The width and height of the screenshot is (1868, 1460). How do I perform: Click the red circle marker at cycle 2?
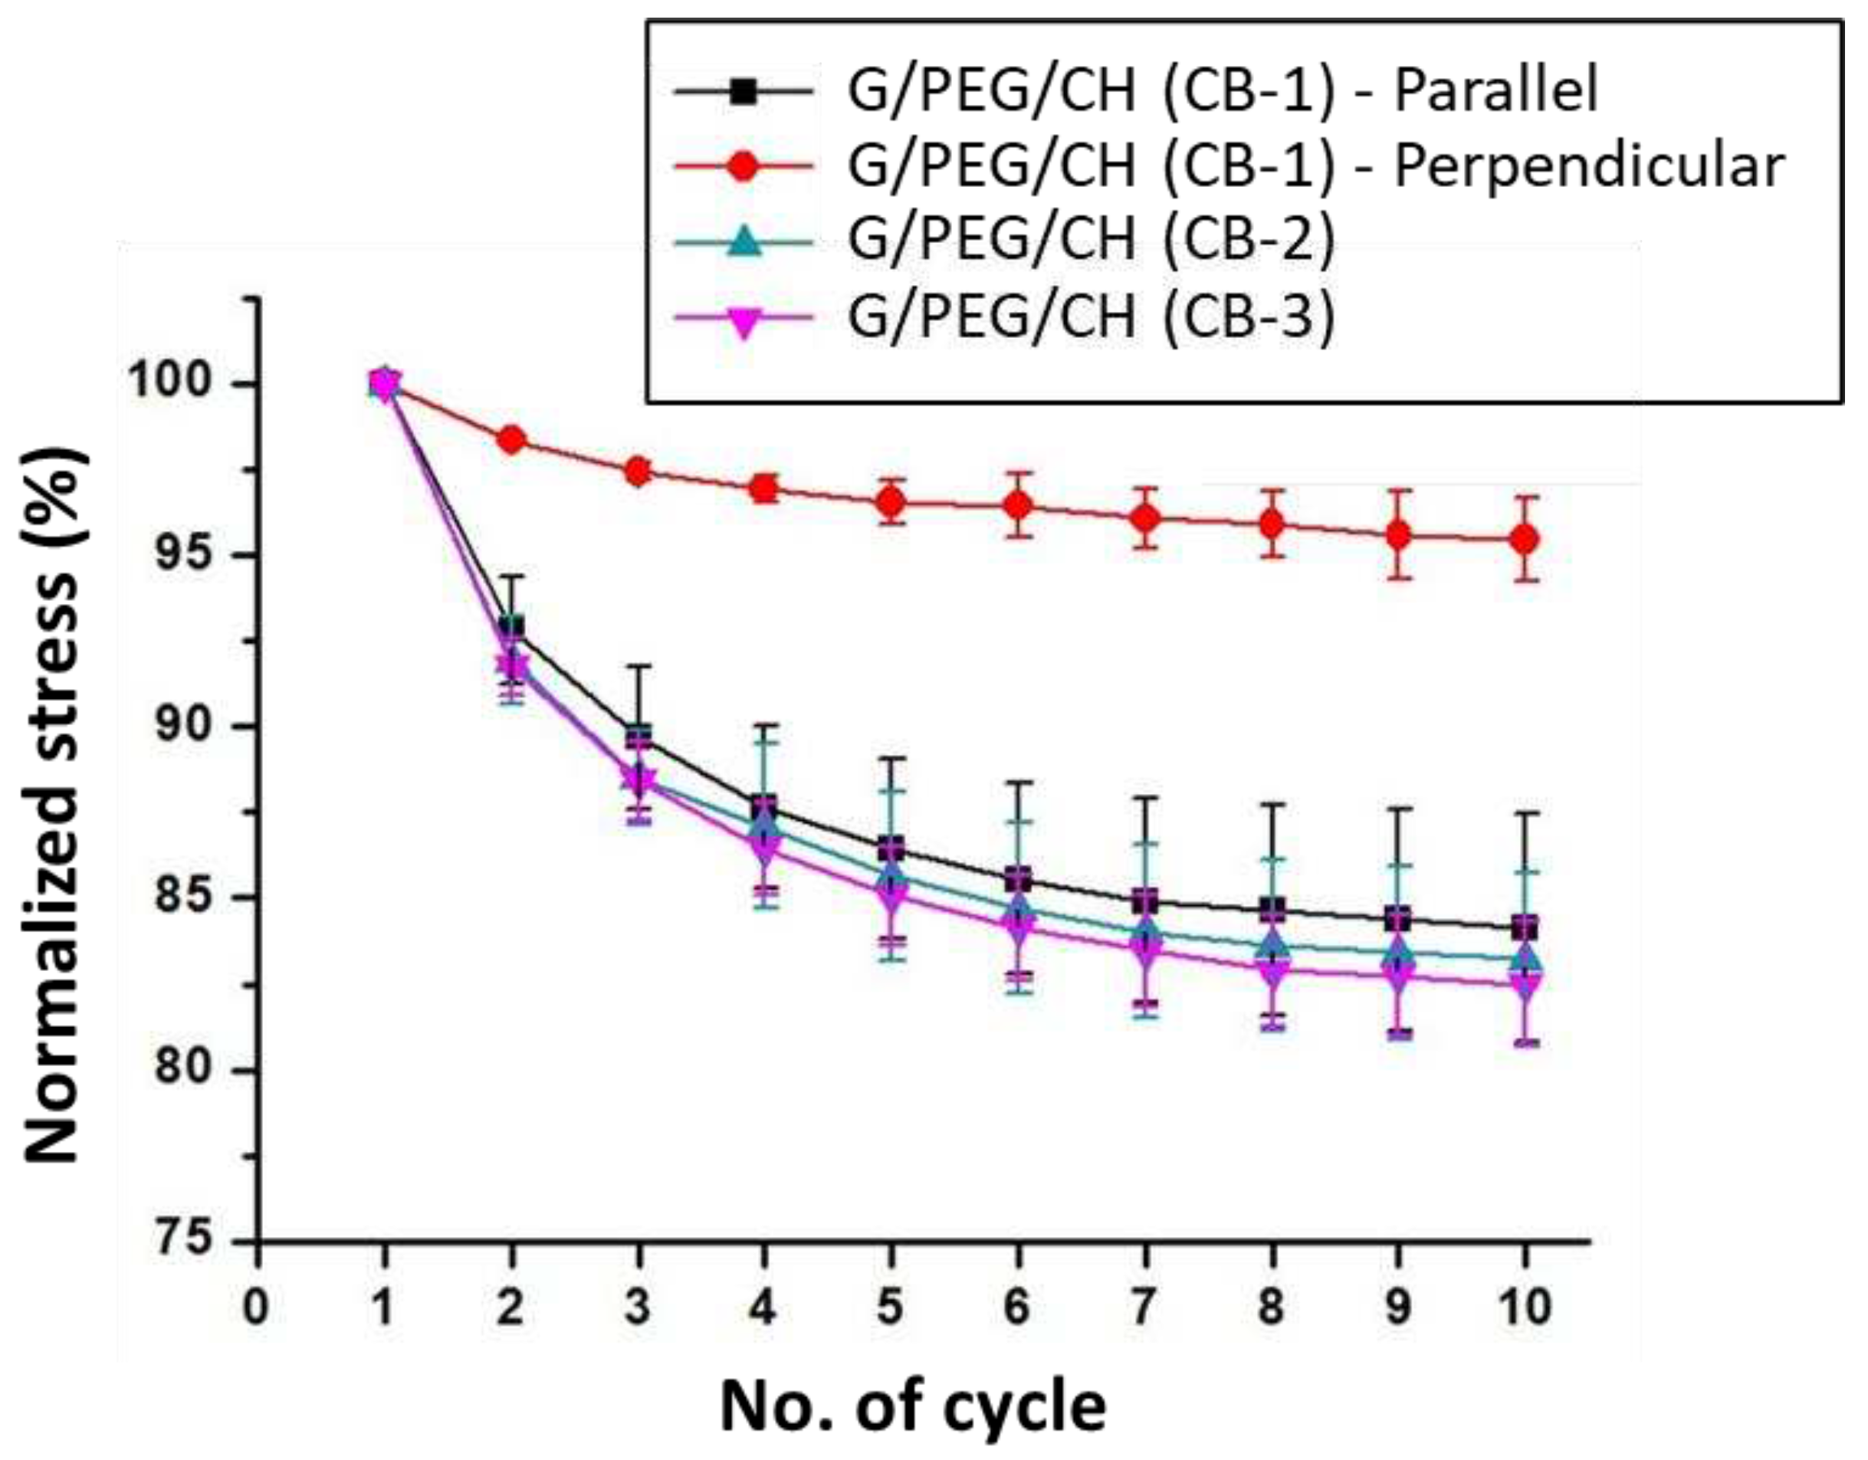(511, 441)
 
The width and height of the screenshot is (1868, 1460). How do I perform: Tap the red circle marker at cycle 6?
(1018, 506)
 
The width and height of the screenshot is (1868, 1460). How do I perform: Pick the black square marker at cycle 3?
(638, 737)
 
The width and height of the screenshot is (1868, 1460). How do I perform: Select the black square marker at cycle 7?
(1144, 901)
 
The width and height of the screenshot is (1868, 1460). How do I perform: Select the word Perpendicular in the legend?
(1589, 167)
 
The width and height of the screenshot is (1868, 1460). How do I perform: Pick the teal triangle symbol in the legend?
(744, 241)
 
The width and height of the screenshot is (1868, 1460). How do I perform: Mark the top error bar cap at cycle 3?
(638, 665)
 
